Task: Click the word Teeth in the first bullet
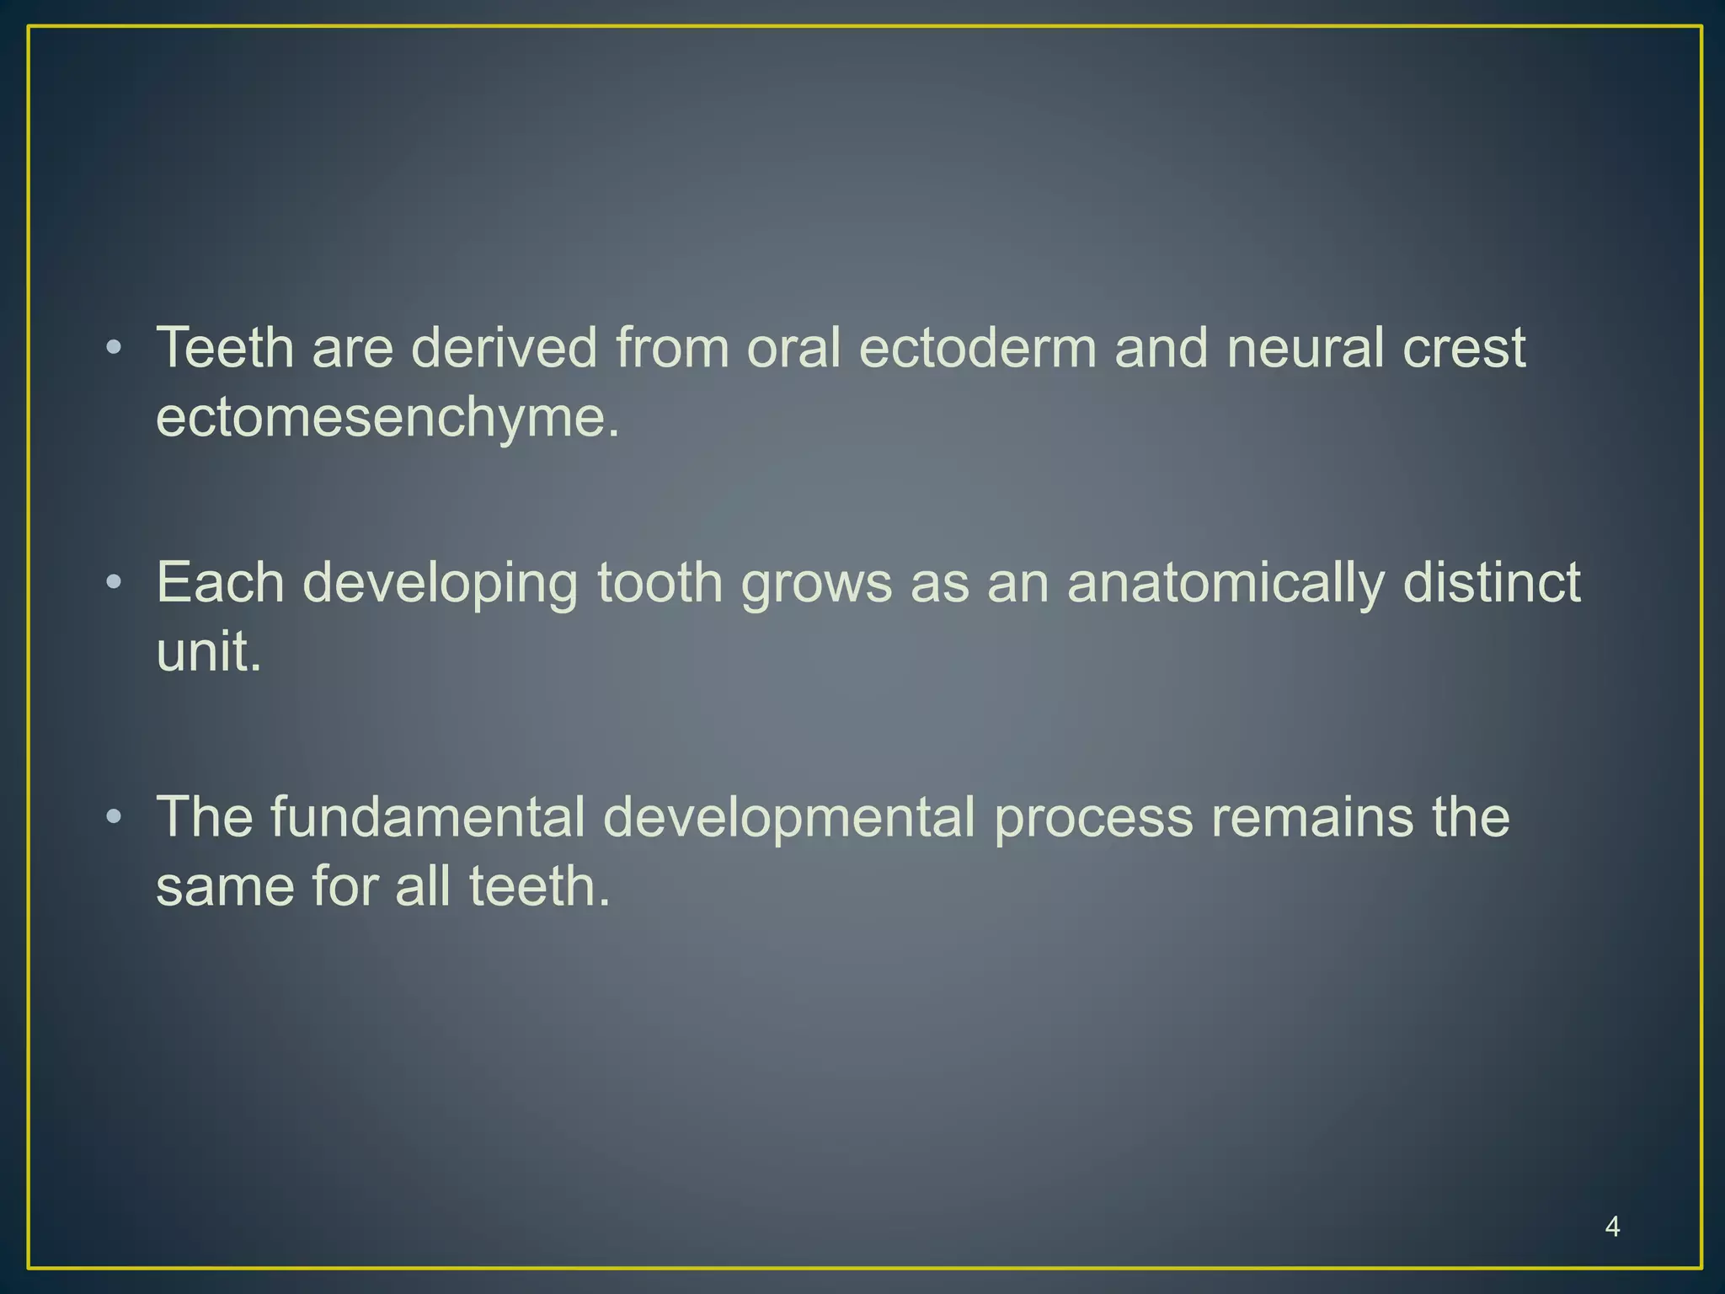(225, 348)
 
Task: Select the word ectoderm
(977, 348)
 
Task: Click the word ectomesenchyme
(387, 419)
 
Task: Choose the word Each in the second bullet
(220, 582)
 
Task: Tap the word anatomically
(1226, 584)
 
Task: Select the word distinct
(1492, 582)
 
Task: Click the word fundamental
(428, 817)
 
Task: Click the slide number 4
(1612, 1227)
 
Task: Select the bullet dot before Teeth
(115, 348)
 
